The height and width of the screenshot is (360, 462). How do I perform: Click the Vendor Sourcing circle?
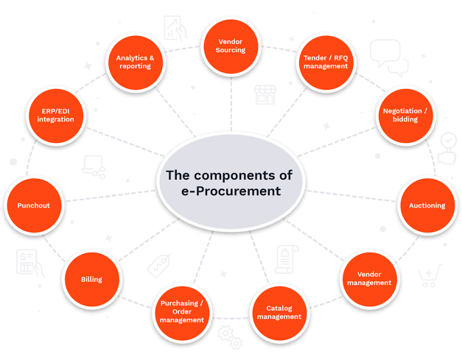coord(231,46)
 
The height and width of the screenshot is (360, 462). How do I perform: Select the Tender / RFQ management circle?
coord(326,63)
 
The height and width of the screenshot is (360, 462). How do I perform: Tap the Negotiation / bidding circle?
coord(406,116)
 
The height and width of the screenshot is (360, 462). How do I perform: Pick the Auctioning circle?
coord(427,205)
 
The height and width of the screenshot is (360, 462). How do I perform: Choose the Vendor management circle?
coord(369,279)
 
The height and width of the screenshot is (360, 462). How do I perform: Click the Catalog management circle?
coord(279,313)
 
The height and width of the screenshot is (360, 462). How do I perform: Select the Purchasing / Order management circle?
coord(182,313)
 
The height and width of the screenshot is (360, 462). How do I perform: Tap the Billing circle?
coord(92,279)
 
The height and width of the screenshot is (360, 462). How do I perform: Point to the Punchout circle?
coord(34,205)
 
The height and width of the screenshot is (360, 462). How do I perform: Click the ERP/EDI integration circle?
coord(56,116)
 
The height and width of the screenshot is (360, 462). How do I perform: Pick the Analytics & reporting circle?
coord(136,63)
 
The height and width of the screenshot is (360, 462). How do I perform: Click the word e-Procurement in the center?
coord(231,191)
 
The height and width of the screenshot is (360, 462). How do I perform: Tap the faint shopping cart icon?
coord(430,276)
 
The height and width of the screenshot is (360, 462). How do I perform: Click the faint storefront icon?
coord(265,95)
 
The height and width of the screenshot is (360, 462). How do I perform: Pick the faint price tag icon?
coord(159,265)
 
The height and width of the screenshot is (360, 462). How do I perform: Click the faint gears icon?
coord(230,337)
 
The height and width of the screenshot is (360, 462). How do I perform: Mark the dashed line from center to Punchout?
coord(111,196)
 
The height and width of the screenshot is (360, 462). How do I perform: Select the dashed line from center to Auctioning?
coord(351,196)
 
